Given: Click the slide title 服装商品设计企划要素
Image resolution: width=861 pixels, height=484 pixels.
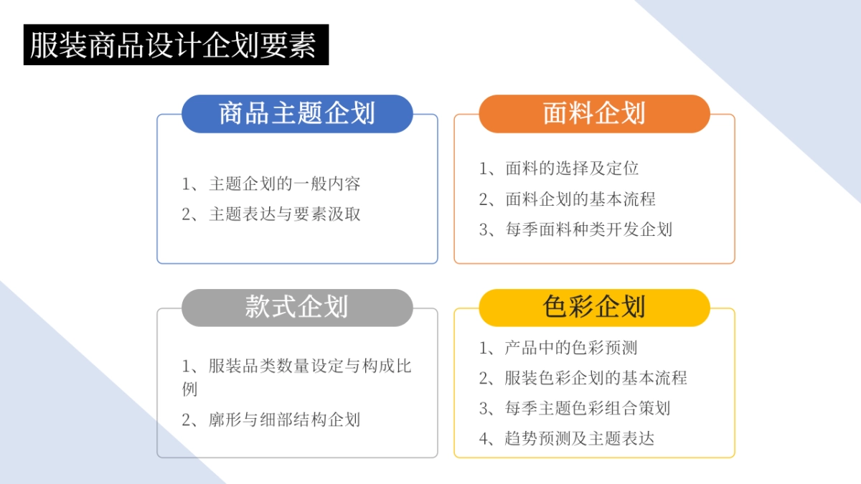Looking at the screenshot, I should tap(176, 45).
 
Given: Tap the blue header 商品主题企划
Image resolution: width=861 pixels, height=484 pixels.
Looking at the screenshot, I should tap(297, 113).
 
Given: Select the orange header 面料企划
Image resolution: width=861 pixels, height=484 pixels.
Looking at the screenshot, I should tap(594, 113).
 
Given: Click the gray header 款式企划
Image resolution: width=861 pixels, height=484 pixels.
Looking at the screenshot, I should tap(297, 307).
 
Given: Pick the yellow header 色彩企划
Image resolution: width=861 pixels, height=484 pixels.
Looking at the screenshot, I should tap(594, 307).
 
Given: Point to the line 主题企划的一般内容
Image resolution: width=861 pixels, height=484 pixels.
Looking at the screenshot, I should tap(284, 184).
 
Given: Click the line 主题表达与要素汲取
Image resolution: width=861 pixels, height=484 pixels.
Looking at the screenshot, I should tap(284, 214).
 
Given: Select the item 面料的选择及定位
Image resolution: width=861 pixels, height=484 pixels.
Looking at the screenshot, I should tap(572, 169).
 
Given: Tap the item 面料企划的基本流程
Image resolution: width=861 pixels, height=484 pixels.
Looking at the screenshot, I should tap(580, 199).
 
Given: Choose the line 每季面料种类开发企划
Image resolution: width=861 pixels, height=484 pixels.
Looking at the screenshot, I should tap(588, 229).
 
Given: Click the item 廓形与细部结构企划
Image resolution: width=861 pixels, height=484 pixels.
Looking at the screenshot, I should tap(284, 419).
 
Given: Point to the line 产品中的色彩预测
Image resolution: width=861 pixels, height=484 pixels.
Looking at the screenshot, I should tap(571, 348).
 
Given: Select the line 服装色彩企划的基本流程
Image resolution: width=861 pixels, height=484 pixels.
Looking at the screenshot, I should tap(596, 378).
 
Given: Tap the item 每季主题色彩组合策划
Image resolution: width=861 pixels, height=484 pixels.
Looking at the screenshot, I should tap(588, 408).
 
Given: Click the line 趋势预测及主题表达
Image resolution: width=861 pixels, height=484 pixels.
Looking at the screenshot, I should tap(580, 438).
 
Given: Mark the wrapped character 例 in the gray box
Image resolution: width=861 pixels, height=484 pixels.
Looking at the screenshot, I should tap(189, 389).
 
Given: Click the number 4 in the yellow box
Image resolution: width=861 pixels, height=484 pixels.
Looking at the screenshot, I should tap(484, 439).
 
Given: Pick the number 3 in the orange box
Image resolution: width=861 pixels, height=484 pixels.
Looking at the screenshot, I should tap(484, 230).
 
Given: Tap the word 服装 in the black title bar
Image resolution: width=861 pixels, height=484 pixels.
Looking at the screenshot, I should tap(59, 45).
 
